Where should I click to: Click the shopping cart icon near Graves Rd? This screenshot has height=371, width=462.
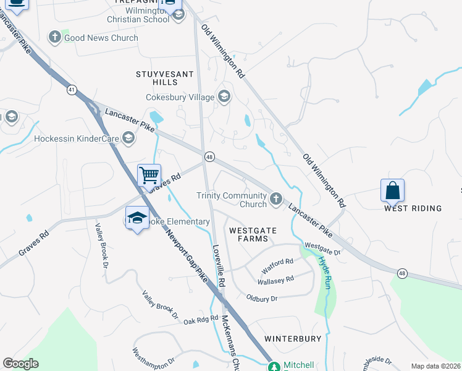(x=149, y=176)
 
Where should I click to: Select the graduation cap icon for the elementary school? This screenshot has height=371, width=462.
(x=137, y=218)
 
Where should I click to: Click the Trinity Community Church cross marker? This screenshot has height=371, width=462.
(x=275, y=198)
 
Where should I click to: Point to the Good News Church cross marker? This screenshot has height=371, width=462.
(x=54, y=38)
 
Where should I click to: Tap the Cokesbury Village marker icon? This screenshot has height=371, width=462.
(x=224, y=96)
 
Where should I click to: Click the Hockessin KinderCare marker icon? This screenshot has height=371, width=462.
(x=128, y=139)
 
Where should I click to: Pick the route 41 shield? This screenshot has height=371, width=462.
(x=72, y=90)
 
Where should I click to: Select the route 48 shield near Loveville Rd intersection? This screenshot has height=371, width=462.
(x=210, y=157)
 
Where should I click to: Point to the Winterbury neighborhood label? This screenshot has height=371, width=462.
(x=293, y=339)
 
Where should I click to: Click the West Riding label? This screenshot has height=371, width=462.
(x=413, y=208)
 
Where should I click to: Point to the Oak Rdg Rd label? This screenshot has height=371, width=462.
(x=201, y=320)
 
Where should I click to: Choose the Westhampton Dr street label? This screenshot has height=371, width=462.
(x=154, y=359)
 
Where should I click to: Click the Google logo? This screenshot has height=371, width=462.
(x=21, y=364)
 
